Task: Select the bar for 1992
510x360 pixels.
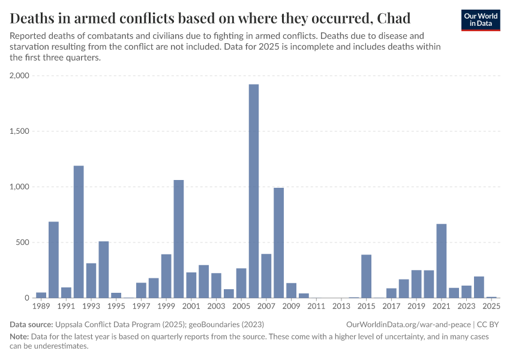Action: pos(79,232)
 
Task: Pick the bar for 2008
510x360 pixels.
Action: pos(278,242)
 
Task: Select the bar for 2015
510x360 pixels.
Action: pos(366,276)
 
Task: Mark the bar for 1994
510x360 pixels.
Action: pos(104,269)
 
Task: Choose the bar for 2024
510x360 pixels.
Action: pos(479,287)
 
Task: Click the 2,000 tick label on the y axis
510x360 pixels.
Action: pos(20,76)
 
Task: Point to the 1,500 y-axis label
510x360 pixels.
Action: pos(20,131)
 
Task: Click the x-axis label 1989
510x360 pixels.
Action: pos(41,307)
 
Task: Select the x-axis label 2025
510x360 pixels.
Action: pos(491,307)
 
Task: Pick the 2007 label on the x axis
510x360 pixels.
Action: pos(266,307)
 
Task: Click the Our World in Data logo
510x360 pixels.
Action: pos(481,19)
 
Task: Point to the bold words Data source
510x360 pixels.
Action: pos(31,325)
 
